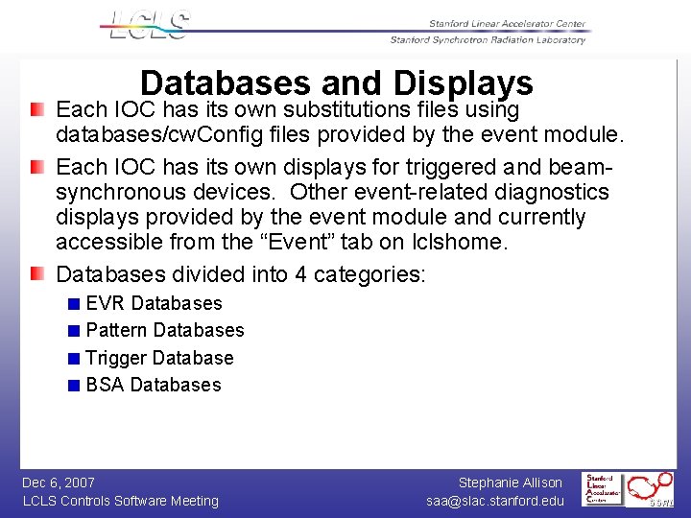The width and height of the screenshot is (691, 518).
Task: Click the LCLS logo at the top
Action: tap(150, 25)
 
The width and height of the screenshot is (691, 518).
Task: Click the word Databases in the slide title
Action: tap(225, 83)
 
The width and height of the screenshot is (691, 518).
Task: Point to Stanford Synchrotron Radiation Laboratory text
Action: tap(488, 40)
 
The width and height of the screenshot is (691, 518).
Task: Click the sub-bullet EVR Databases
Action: tap(154, 303)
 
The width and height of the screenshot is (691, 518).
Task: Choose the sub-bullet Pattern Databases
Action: tap(165, 330)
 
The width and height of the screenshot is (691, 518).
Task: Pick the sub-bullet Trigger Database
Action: tap(159, 358)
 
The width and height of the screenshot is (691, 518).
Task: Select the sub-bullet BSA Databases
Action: tap(154, 385)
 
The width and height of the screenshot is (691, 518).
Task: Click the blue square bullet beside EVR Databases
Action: tap(75, 304)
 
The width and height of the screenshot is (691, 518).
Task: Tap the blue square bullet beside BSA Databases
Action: tap(75, 386)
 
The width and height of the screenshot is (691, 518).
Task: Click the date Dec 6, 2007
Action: tap(59, 483)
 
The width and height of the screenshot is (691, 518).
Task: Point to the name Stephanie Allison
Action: tap(510, 483)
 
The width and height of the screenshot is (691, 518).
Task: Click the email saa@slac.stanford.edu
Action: tap(495, 501)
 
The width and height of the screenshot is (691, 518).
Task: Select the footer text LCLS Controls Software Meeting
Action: tap(120, 501)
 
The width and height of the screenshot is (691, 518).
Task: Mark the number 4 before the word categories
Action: tap(300, 274)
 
